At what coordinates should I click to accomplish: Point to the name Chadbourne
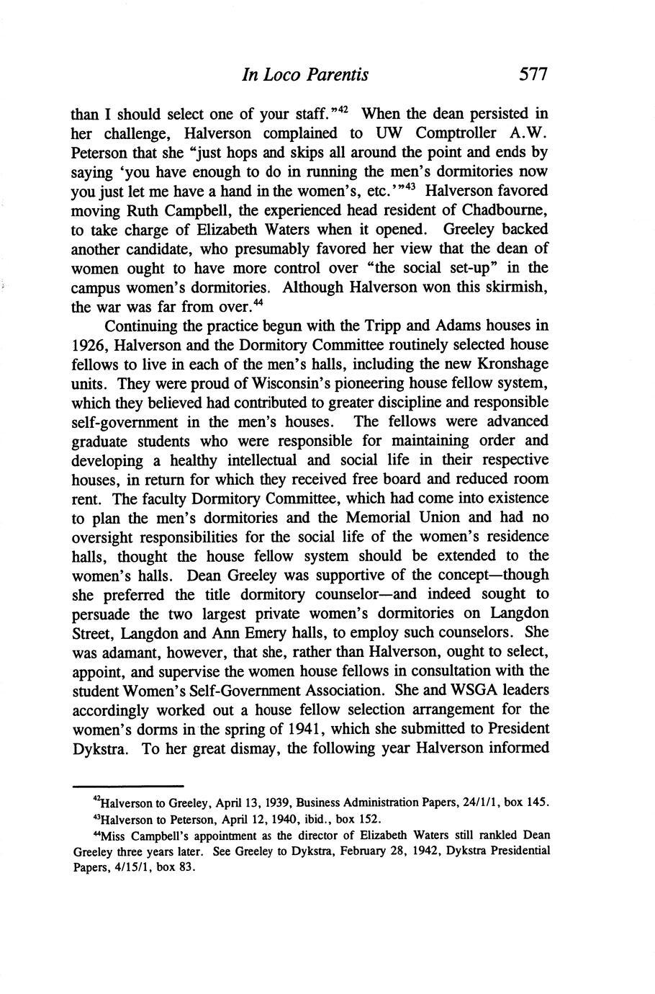click(x=505, y=210)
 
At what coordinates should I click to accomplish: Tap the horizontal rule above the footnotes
click(x=128, y=786)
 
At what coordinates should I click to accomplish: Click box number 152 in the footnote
click(x=369, y=819)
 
